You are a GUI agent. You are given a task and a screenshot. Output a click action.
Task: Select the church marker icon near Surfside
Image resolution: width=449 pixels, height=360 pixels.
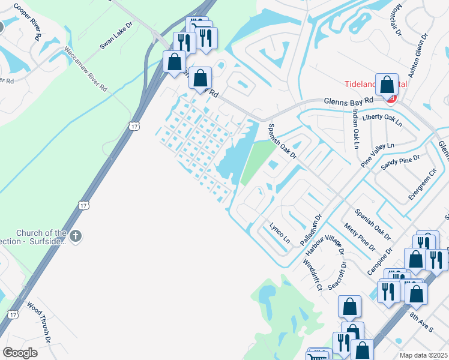pyautogui.click(x=75, y=236)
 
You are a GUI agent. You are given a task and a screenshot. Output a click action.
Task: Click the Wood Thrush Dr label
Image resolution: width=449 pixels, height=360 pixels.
pyautogui.click(x=40, y=322)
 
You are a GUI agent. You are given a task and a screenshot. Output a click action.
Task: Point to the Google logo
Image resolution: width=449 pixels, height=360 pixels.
pyautogui.click(x=20, y=353)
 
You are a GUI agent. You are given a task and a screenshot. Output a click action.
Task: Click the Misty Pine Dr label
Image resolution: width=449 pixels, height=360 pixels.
pyautogui.click(x=359, y=236)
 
